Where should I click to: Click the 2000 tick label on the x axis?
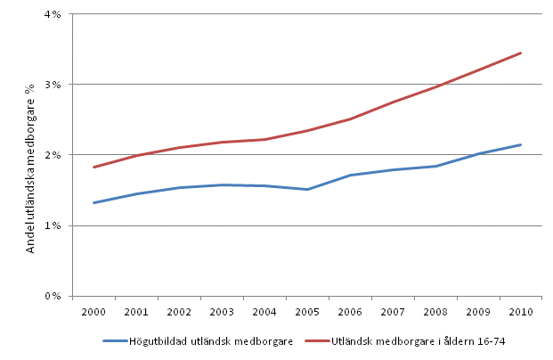93,313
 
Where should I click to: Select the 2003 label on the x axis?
223,313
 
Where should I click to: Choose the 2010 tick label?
521,313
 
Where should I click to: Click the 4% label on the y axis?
53,14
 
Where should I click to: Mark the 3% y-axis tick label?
53,85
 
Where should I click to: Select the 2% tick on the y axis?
53,155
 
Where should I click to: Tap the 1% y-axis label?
53,225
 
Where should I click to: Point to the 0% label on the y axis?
53,296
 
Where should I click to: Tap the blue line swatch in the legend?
117,340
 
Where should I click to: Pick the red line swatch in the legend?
319,340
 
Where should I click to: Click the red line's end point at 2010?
521,53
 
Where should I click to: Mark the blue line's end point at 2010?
521,144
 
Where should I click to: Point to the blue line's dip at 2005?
308,189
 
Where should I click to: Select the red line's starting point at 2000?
93,168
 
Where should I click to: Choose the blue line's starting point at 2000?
93,203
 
